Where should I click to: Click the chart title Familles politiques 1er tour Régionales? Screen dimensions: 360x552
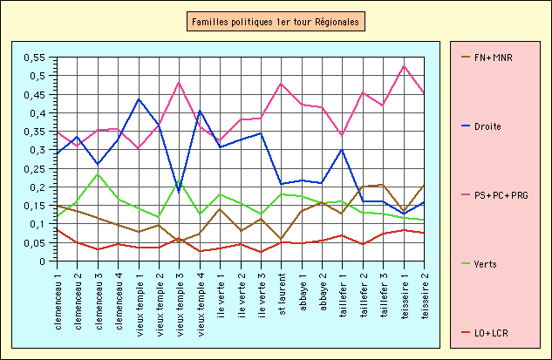(x=276, y=20)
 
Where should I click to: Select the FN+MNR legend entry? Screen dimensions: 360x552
(x=493, y=58)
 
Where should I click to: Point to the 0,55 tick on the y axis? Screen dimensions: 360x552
(x=34, y=58)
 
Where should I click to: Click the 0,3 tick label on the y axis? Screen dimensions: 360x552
(x=37, y=150)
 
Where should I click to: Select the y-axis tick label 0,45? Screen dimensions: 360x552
(x=34, y=94)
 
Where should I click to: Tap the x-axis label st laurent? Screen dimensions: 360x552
(x=282, y=295)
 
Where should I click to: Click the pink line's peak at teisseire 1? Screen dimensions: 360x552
(x=405, y=66)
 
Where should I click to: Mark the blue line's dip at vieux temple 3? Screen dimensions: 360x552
(x=180, y=191)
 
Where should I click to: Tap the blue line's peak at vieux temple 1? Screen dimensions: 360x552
(x=139, y=98)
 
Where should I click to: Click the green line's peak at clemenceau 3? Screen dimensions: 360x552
(x=98, y=174)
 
